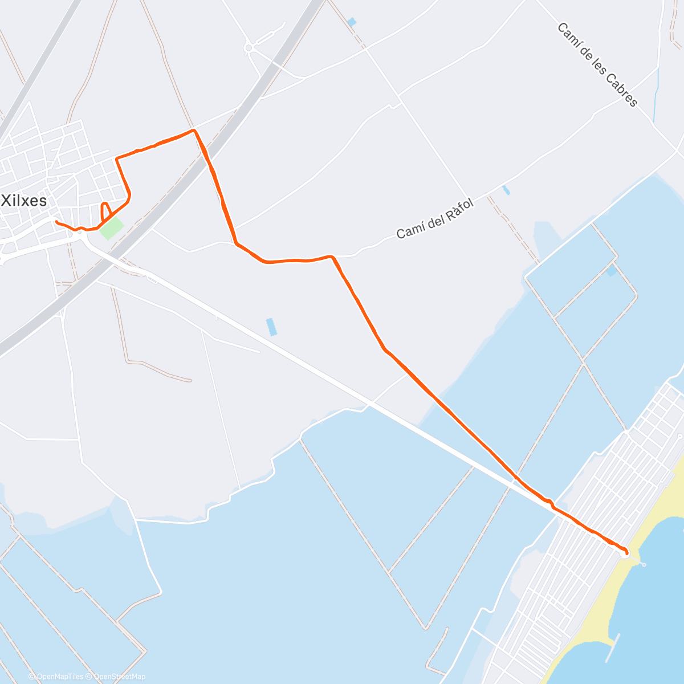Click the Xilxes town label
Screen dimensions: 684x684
pos(25,200)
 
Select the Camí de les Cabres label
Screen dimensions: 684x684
pos(597,64)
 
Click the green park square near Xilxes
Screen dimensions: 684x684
pos(112,228)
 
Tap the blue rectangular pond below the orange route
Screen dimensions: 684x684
pos(271,327)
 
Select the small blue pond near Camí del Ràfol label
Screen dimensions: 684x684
pos(506,190)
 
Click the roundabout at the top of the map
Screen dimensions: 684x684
pos(249,48)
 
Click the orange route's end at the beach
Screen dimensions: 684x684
pos(626,552)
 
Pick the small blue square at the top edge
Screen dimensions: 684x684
pos(352,22)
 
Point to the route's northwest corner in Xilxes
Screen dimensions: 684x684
pos(117,158)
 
